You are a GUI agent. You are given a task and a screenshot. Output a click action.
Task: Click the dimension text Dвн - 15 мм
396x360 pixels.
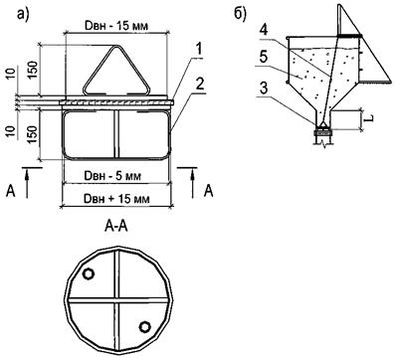click(116, 26)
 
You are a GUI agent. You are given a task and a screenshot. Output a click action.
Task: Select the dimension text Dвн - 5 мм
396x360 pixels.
click(112, 175)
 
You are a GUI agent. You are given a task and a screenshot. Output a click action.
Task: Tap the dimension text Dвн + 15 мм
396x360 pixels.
click(116, 199)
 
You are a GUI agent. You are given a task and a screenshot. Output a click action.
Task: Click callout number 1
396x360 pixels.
click(198, 50)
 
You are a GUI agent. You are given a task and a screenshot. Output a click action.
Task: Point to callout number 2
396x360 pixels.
click(199, 86)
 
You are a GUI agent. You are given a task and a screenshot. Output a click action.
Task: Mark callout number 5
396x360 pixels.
click(263, 58)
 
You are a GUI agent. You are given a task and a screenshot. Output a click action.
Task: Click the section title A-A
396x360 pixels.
click(116, 227)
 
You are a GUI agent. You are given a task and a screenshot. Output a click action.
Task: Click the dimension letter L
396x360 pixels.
click(370, 118)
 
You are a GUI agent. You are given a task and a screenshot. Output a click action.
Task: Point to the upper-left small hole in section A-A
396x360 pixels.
click(89, 274)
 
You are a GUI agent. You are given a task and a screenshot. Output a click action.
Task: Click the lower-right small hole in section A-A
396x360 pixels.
click(144, 326)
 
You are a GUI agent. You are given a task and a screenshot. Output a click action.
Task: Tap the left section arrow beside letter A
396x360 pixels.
click(27, 183)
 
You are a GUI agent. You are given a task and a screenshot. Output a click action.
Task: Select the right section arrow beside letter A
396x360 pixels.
click(193, 183)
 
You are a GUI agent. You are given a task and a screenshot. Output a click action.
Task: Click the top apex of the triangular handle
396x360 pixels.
click(116, 46)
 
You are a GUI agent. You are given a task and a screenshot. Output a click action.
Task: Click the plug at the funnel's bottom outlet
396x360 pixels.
click(322, 130)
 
